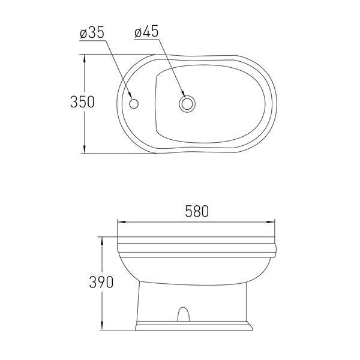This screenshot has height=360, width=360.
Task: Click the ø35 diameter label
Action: pos(92,32)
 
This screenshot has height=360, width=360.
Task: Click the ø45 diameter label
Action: pos(146,31)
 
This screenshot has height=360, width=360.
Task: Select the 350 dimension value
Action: pos(82,102)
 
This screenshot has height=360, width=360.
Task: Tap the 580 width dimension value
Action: pos(197,211)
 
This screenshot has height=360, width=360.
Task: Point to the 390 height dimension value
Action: pos(101,282)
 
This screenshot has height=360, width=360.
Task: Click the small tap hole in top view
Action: pos(134,104)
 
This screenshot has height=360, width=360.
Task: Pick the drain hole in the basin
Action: pos(187,104)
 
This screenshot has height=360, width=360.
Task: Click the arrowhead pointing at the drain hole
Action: pos(183,94)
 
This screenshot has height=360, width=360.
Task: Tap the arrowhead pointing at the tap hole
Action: pos(130,95)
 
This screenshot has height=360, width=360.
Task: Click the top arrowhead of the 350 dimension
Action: pos(85,59)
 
